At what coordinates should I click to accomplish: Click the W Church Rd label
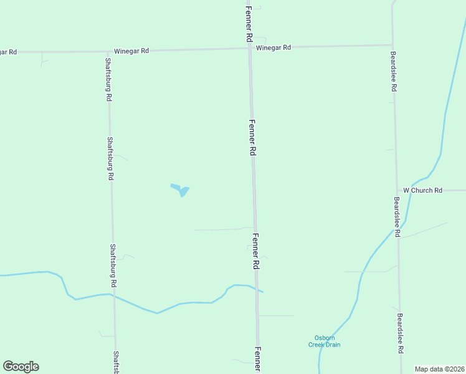pos(422,190)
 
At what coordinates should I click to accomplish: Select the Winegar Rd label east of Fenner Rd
pos(273,47)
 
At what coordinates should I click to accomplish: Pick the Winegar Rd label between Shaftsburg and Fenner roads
pos(131,50)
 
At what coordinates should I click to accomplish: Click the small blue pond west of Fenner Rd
pos(181,189)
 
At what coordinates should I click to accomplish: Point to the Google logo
pos(21,367)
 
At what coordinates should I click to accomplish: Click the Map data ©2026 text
pos(440,368)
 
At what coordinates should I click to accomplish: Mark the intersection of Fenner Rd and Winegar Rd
pos(249,48)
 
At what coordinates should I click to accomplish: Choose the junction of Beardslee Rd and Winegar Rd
pos(392,44)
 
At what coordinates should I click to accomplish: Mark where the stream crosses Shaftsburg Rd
pos(113,295)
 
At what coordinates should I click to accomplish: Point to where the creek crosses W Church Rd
pos(411,190)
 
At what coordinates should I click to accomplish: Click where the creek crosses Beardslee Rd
pos(397,232)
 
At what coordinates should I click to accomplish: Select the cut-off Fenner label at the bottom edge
pos(257,360)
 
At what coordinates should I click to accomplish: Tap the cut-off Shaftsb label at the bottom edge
pos(116,362)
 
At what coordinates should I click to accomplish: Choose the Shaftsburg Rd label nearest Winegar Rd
pos(108,79)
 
